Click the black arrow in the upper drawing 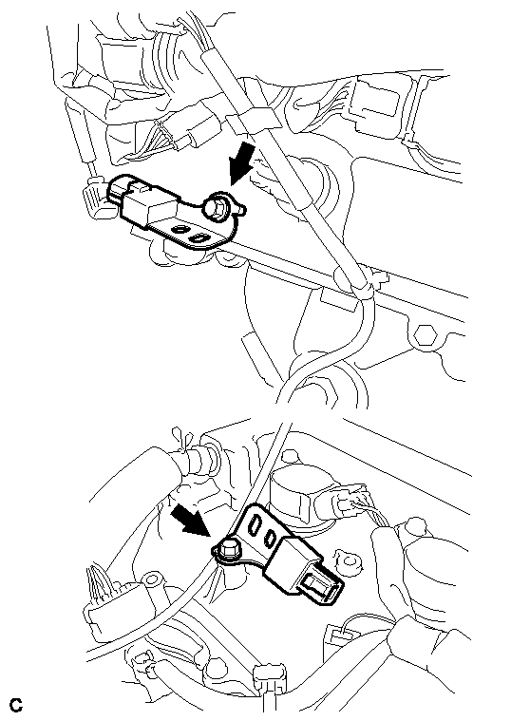pos(241,162)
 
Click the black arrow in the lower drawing pos(190,521)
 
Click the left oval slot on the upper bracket pos(180,229)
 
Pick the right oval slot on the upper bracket pos(199,237)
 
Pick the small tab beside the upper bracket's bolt pos(242,209)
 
